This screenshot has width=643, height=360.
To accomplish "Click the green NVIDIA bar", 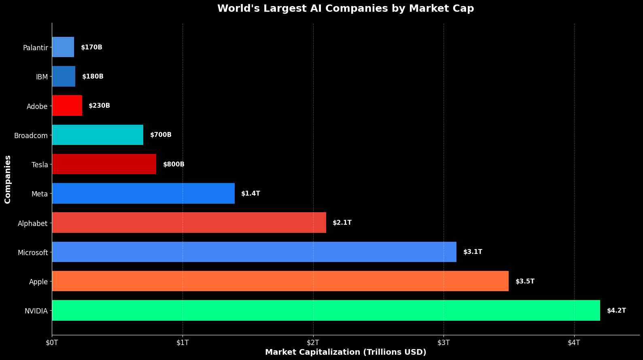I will point(326,311).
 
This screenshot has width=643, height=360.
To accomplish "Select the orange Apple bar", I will point(280,281).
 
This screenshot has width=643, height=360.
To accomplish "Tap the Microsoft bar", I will point(254,252).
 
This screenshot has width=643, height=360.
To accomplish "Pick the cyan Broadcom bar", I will point(98,135).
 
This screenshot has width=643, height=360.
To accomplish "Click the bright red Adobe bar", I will point(67,106).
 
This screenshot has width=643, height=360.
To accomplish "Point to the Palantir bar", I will point(63,47).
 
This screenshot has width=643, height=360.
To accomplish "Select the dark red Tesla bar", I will point(104,164).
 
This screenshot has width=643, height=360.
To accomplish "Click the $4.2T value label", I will point(616,311).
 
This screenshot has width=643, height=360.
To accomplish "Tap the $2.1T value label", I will point(342,223).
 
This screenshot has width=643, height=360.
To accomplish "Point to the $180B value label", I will point(93,77).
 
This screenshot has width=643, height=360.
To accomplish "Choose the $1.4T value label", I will point(250,194).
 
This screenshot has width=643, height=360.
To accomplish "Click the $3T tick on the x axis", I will point(444,343).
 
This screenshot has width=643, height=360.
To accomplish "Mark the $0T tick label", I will point(52,343).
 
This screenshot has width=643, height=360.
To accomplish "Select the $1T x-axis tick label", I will point(183,343).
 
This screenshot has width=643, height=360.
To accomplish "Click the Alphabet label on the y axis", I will point(33,223).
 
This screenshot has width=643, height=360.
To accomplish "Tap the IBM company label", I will point(42,77).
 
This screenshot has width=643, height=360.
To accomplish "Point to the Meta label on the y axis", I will point(40,194).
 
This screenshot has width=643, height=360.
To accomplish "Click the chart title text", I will point(346,9).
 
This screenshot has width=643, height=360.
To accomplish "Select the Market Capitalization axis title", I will point(346,352).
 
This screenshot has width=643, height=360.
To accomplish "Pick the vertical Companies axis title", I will point(8,179).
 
